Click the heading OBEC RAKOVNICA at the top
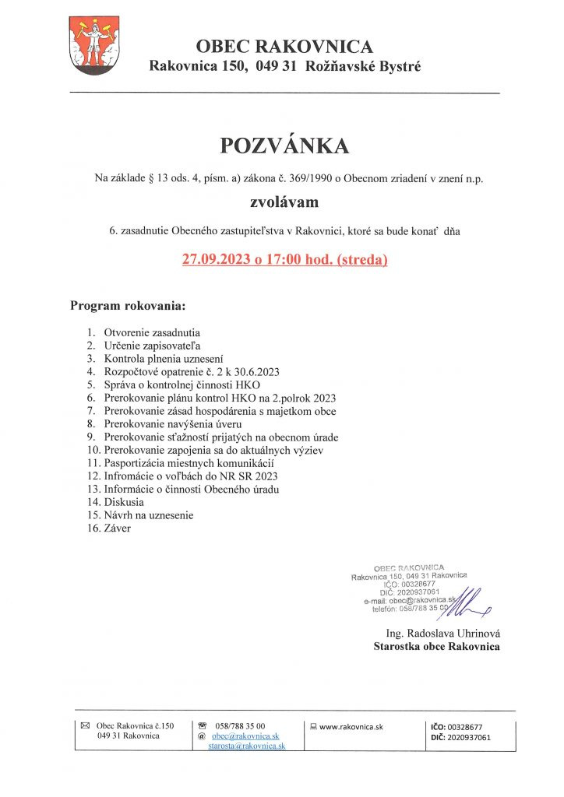(284, 47)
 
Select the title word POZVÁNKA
(284, 146)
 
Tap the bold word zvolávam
(284, 205)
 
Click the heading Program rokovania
(128, 305)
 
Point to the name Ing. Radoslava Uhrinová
(442, 633)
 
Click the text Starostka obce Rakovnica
(436, 646)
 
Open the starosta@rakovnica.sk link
(246, 746)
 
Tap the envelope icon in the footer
(86, 725)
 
